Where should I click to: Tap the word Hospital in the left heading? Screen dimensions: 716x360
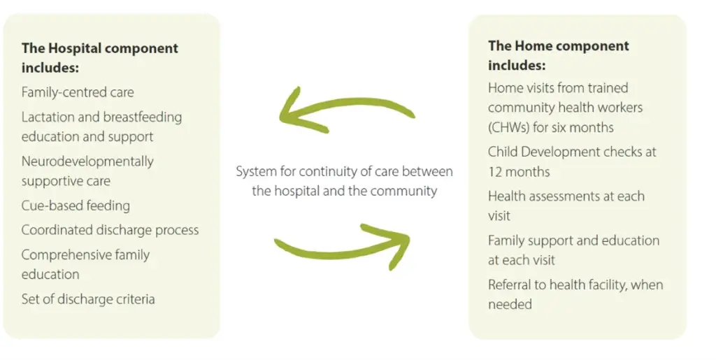pyautogui.click(x=77, y=48)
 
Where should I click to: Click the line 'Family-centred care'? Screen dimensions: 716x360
pyautogui.click(x=78, y=92)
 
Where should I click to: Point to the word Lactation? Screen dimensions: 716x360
pyautogui.click(x=48, y=117)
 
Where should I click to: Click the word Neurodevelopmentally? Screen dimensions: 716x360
pyautogui.click(x=87, y=161)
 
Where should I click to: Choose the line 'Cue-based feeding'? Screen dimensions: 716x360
pyautogui.click(x=76, y=206)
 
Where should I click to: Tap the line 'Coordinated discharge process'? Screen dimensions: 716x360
pyautogui.click(x=110, y=229)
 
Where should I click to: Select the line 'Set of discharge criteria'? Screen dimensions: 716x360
pyautogui.click(x=88, y=299)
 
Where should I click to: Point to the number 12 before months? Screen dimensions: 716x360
pyautogui.click(x=496, y=172)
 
